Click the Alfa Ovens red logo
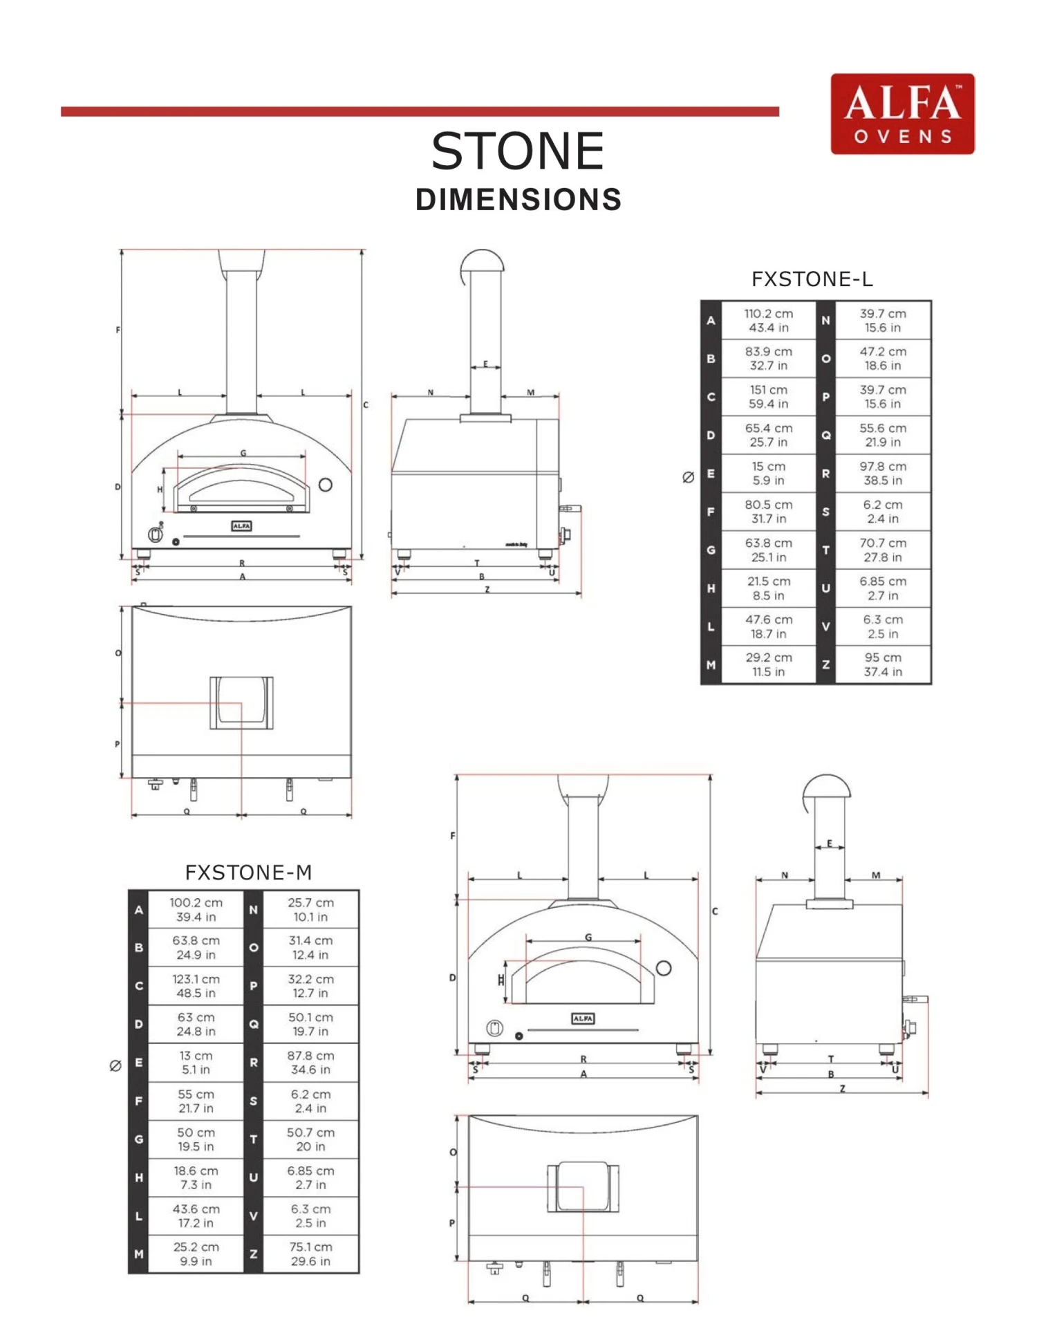coord(902,114)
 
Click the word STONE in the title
coord(518,151)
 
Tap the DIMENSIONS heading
coord(518,200)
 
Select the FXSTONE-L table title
coord(812,279)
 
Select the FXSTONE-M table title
coord(248,873)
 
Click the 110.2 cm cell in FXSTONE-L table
coord(768,320)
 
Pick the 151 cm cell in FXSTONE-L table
coord(768,397)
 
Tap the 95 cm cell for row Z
coord(883,664)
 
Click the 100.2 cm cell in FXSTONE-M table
coord(196,910)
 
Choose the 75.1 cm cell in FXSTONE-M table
coord(310,1254)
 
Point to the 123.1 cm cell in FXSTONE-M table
coord(196,986)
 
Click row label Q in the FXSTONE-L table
coord(825,436)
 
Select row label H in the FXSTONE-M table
coord(139,1177)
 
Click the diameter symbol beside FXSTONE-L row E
coord(688,477)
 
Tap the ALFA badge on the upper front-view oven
coord(241,526)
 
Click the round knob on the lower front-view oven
coord(494,1028)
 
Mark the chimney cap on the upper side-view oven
coord(482,261)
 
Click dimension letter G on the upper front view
coord(243,453)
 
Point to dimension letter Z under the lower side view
coord(842,1088)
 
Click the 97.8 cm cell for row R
coord(883,474)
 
